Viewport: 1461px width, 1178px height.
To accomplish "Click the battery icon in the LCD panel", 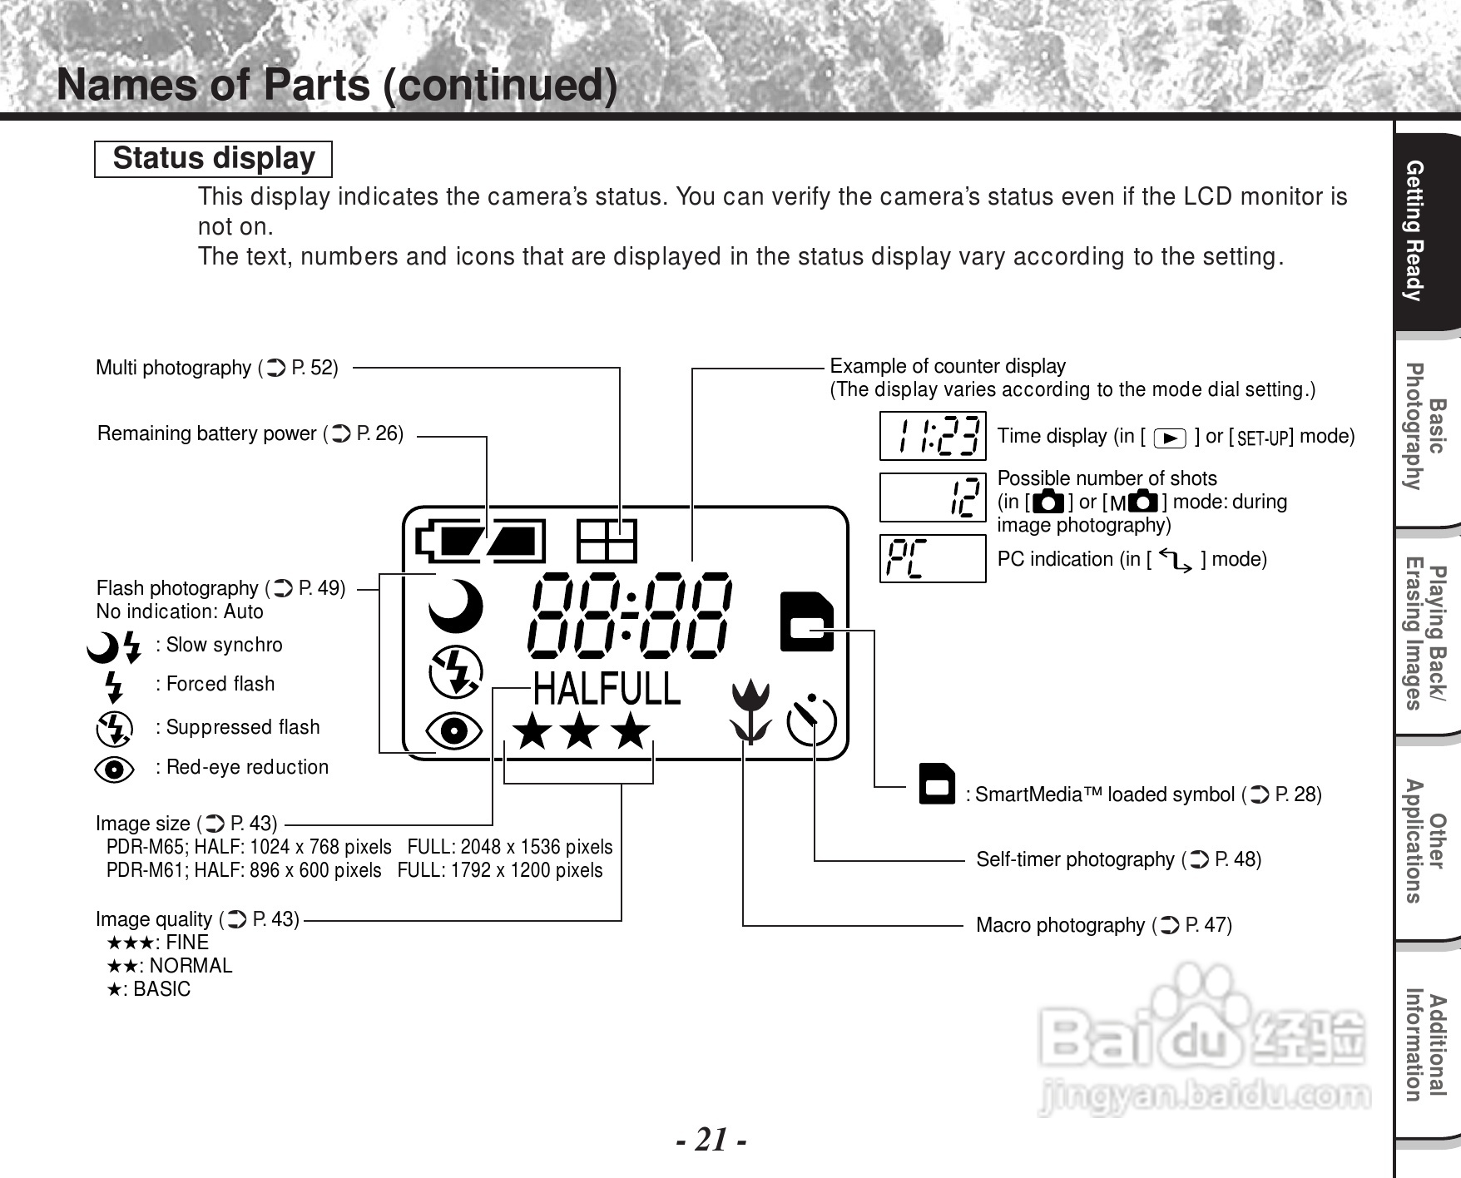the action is (481, 542).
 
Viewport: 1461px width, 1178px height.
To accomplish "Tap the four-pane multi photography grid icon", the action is (607, 542).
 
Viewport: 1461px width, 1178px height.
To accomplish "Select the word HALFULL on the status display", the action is (606, 690).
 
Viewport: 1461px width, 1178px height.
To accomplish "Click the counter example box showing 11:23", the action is (933, 436).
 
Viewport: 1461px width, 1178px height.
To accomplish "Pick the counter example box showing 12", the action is (933, 497).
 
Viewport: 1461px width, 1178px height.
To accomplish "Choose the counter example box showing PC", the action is (933, 558).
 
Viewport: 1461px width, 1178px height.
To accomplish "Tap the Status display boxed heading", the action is (213, 159).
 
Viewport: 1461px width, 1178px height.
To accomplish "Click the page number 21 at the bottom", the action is (711, 1139).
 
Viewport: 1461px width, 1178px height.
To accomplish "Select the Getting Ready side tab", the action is (1426, 231).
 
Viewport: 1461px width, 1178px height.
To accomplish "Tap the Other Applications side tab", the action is (1426, 840).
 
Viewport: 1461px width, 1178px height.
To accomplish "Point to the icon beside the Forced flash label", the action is (114, 686).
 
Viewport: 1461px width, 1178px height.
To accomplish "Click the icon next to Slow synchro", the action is (114, 646).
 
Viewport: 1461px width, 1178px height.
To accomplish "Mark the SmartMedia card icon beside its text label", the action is (937, 784).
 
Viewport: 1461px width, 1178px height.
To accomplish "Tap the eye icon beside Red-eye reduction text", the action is (115, 769).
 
